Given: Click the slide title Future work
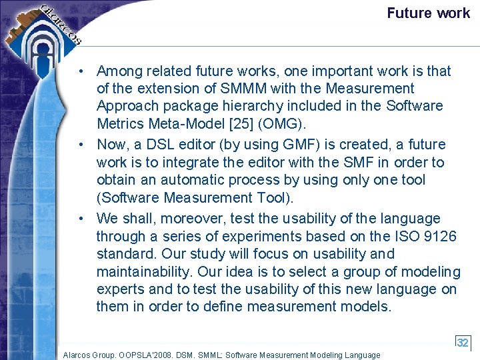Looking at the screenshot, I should (428, 13).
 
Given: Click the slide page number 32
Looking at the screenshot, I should (463, 343).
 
